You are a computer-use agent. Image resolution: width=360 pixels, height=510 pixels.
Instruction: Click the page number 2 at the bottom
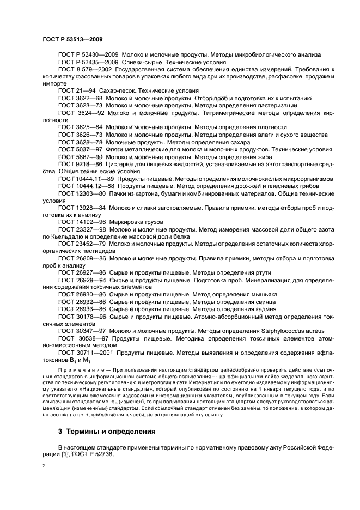(44, 466)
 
